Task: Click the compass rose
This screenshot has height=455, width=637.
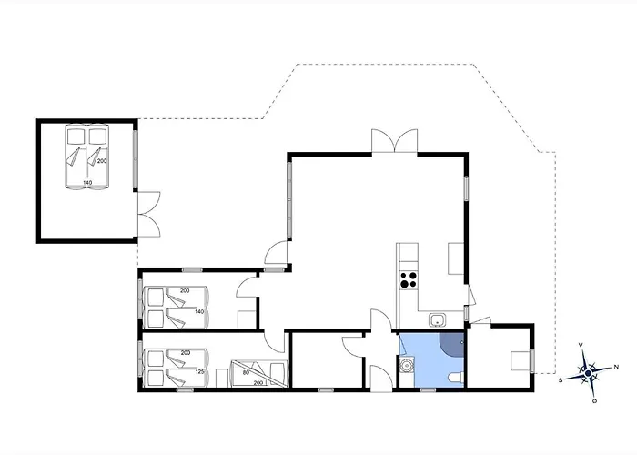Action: tap(589, 370)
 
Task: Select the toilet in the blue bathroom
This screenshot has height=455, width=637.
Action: tap(456, 378)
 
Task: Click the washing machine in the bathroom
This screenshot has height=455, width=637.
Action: tap(407, 366)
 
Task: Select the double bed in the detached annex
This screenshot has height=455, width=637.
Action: tap(86, 157)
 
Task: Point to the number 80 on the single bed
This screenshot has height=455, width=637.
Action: tap(247, 371)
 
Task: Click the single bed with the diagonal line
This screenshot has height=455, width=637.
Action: tap(258, 371)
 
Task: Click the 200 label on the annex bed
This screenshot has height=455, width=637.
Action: tap(102, 161)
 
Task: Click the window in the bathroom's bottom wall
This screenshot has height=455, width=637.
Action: tap(428, 389)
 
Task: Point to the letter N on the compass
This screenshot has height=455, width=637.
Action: tap(616, 366)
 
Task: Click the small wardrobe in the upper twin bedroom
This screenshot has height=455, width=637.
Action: tap(245, 318)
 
